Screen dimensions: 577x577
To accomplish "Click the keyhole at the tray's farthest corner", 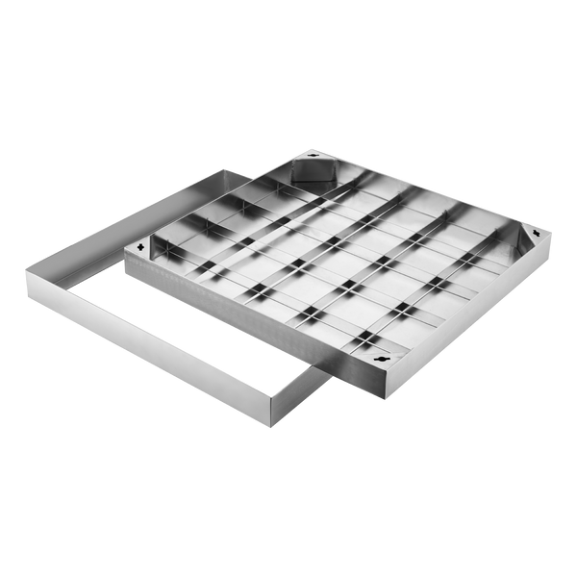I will pos(314,156).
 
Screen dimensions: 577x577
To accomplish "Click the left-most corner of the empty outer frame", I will pos(26,279).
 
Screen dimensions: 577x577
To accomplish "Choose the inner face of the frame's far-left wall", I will pos(144,207).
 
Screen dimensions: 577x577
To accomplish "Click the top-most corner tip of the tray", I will pos(313,147).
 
